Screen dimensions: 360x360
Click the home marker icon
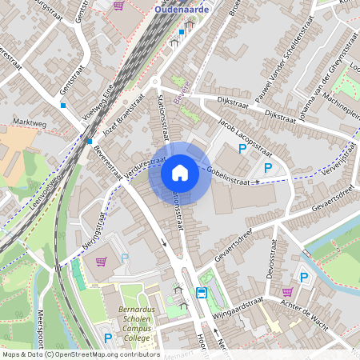[180, 173]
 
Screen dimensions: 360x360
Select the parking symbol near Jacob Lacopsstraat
[242, 149]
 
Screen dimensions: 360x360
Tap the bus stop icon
[202, 293]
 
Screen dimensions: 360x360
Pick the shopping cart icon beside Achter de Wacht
[286, 292]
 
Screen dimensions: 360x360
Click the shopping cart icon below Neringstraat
[101, 261]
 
